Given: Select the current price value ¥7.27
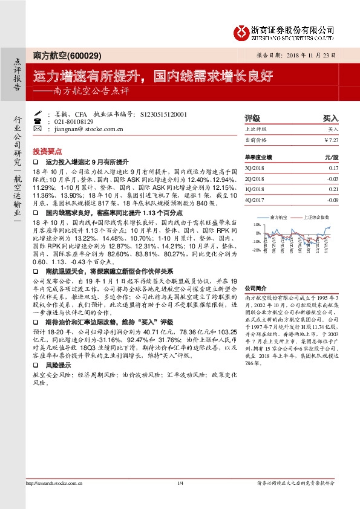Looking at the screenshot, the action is [x=330, y=140].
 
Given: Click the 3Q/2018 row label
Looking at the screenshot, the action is [x=255, y=168].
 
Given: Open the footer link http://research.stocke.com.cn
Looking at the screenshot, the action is [x=54, y=482].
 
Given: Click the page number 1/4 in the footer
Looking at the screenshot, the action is [x=180, y=482].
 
